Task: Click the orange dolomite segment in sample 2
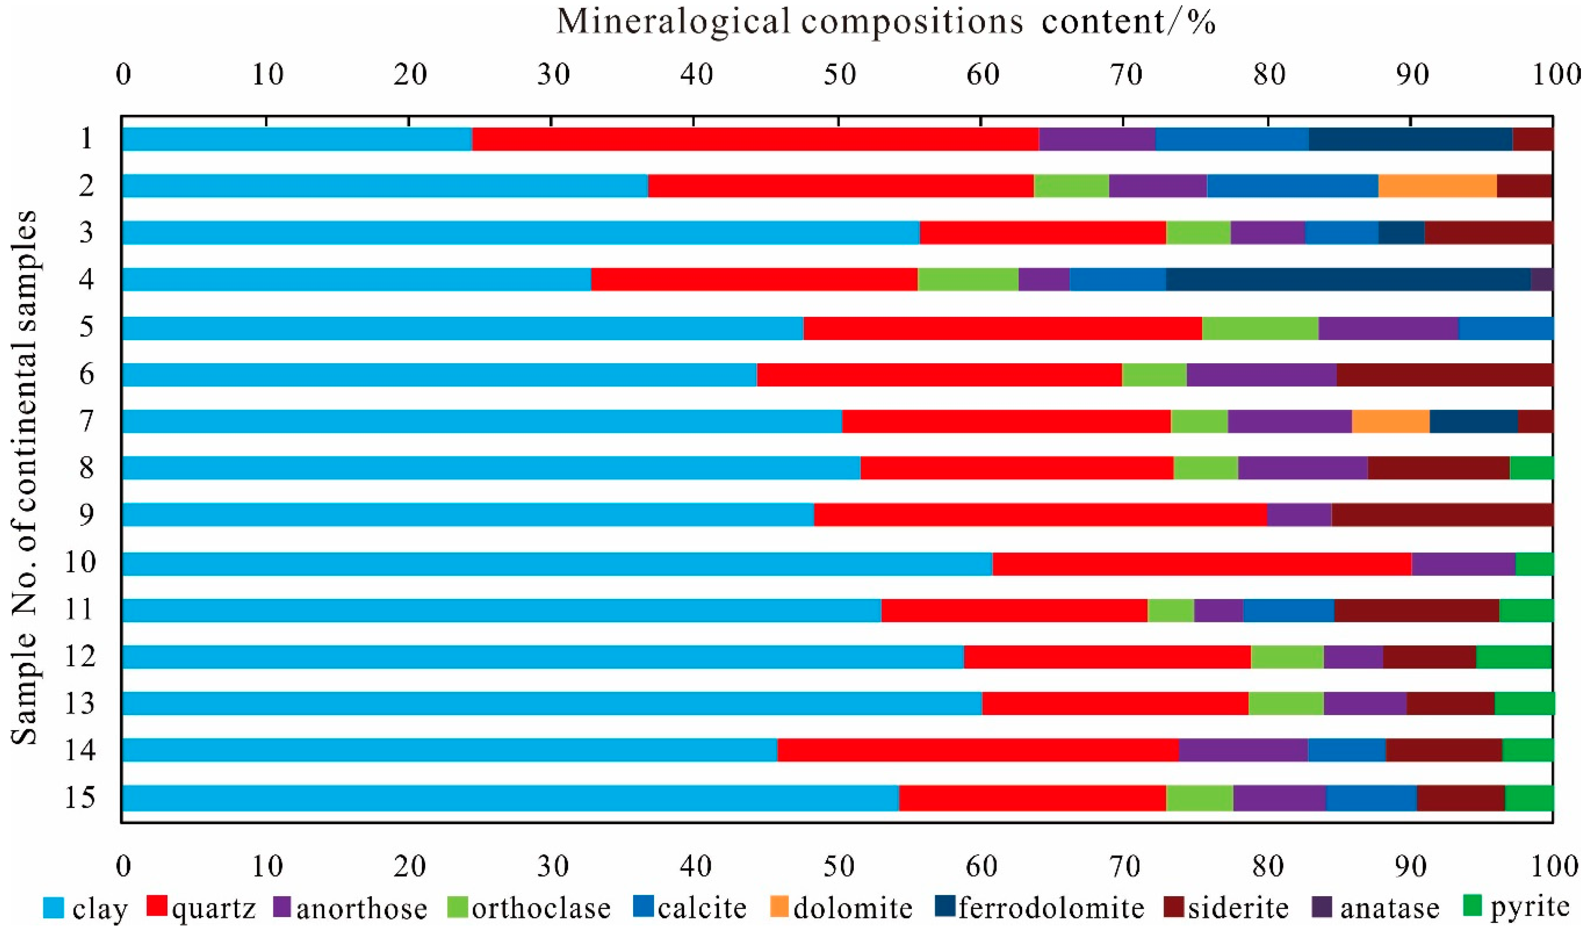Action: [x=1437, y=186]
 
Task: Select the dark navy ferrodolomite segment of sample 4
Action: [x=1348, y=279]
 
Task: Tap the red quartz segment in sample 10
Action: [x=1202, y=563]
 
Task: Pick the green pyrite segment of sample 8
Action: [x=1531, y=468]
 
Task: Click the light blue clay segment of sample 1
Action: [x=297, y=139]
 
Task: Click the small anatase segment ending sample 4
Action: [x=1542, y=279]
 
